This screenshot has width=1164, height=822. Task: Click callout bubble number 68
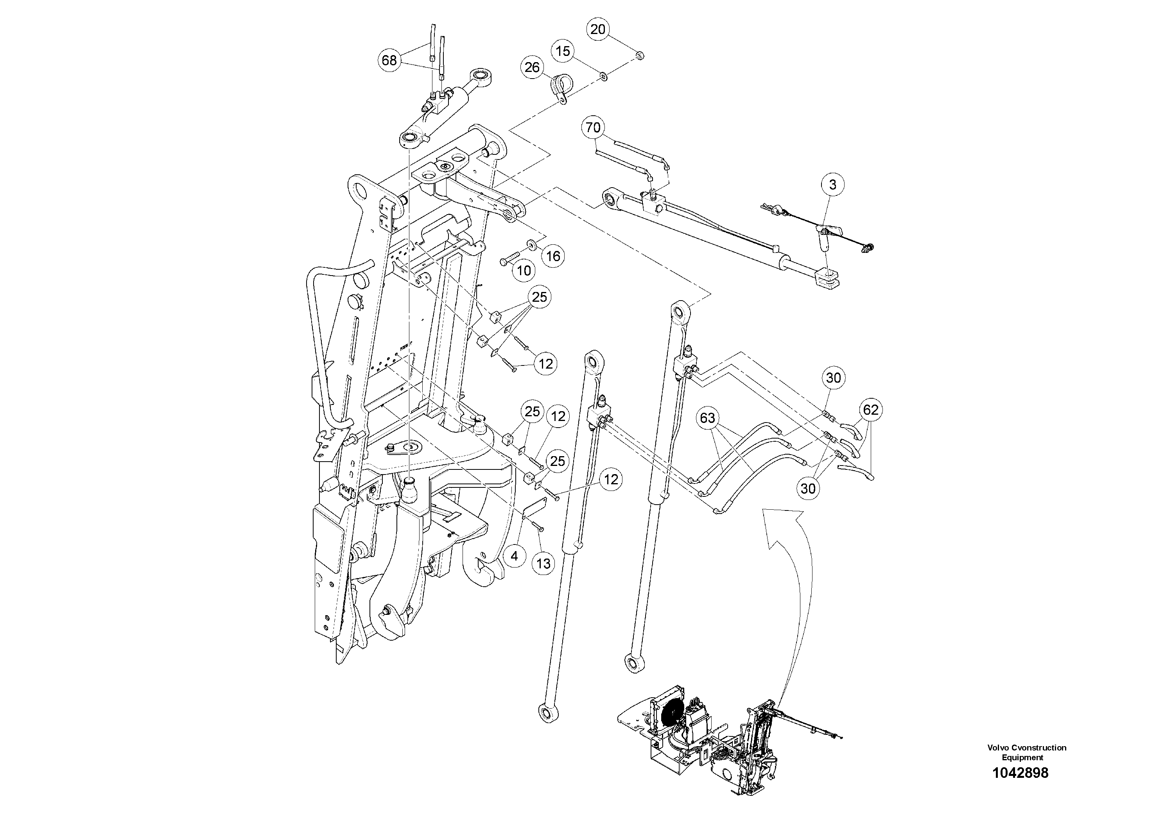coord(389,60)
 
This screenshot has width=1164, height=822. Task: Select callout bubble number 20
coord(598,29)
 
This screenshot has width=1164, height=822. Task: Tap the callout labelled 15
coord(563,51)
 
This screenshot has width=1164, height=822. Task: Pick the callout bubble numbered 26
coord(532,67)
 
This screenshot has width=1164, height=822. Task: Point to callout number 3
coord(832,185)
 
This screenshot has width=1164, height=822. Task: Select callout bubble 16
coord(553,256)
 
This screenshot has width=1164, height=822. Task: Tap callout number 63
coord(707,417)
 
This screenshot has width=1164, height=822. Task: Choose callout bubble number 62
coord(870,410)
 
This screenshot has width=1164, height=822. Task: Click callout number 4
coord(515,556)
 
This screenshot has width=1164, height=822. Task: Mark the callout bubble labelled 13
coord(543,564)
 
